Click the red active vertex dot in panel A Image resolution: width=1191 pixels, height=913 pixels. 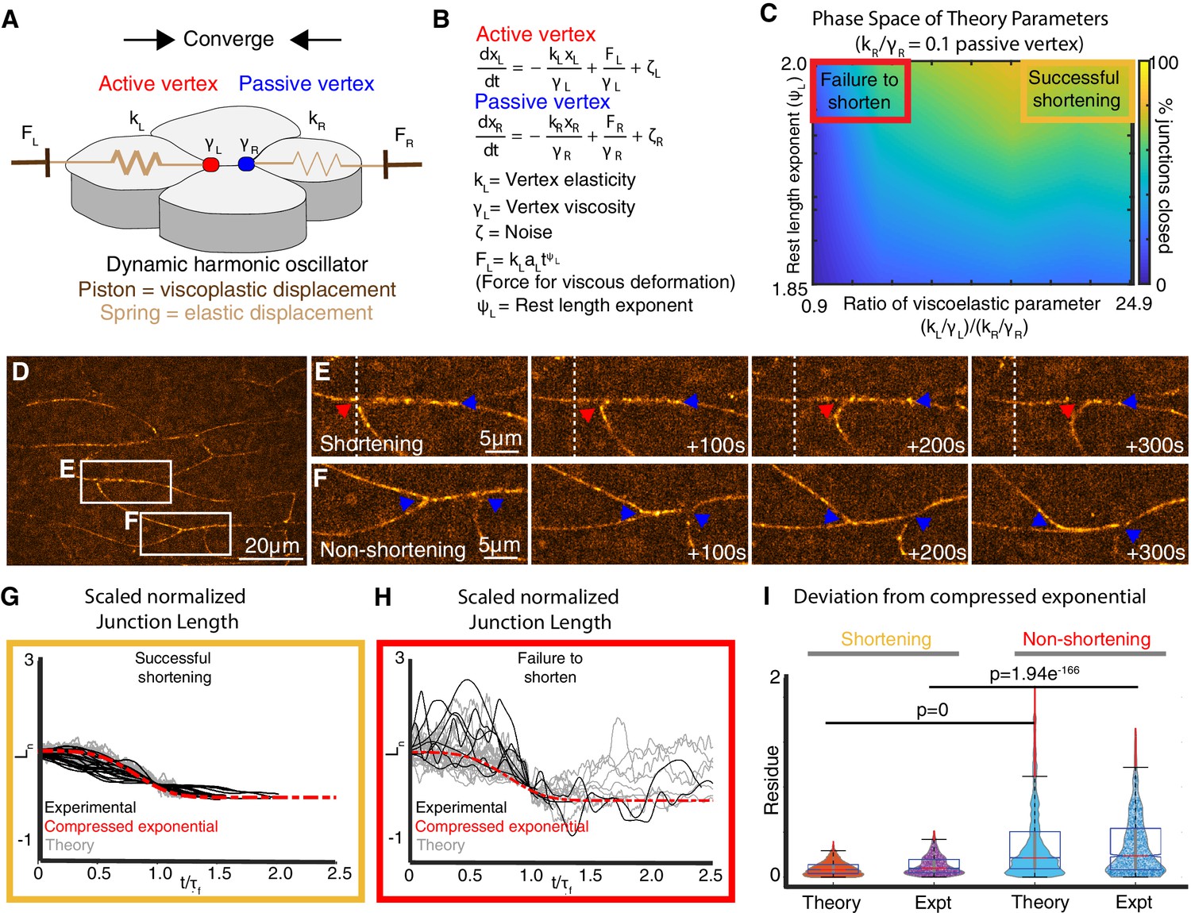210,164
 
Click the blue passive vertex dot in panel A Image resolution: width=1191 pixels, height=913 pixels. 246,164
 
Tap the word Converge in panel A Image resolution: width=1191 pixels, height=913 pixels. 229,39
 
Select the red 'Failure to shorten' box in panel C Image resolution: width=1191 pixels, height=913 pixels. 859,91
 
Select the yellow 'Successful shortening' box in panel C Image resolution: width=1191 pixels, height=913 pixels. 1075,90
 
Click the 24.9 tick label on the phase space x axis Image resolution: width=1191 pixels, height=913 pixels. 1133,303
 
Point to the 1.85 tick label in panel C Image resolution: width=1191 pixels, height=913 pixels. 790,289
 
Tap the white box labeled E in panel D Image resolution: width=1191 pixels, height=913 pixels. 125,481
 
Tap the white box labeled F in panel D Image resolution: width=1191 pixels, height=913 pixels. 185,534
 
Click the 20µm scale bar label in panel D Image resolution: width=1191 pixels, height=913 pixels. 272,546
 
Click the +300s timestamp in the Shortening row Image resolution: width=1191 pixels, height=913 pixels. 1154,445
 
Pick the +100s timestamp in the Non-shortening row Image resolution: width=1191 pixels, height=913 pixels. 716,553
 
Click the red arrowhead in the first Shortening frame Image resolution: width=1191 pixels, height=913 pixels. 342,410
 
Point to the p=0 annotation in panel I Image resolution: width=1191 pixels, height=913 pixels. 932,710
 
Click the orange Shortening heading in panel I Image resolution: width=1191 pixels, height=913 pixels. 886,639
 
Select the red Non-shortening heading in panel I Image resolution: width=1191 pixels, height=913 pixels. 1086,639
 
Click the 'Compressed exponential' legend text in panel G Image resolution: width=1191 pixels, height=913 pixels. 131,826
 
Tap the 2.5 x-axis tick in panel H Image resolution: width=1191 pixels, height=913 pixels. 710,875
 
